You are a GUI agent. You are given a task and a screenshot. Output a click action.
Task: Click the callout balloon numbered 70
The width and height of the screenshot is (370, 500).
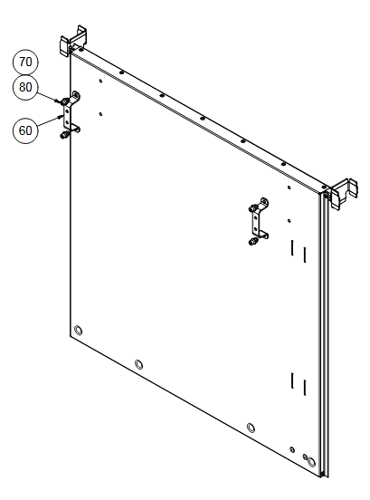coord(25,62)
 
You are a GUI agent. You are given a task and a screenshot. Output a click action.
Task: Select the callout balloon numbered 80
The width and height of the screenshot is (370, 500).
coord(25,87)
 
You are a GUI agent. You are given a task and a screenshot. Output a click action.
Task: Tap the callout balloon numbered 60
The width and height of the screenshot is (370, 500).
coord(25,130)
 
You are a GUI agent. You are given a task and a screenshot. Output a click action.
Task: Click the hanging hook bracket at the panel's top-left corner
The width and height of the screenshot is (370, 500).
coord(73,41)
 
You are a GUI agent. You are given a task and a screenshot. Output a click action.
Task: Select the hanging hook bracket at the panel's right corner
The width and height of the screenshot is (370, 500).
coord(343,193)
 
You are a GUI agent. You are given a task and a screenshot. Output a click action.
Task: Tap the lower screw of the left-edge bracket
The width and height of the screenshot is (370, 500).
coord(63,135)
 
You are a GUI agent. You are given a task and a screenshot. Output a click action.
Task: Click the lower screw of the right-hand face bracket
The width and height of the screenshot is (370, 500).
coord(252,242)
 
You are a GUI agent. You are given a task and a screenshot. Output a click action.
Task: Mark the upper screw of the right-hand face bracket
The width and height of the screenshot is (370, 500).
coord(252,208)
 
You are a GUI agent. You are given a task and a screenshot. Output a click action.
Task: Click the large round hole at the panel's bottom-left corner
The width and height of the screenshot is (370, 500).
coord(78,331)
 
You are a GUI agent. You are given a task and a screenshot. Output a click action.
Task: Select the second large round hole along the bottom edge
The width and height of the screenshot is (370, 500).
coord(138,364)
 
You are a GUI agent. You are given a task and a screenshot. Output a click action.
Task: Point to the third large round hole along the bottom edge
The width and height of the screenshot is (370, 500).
coord(251,428)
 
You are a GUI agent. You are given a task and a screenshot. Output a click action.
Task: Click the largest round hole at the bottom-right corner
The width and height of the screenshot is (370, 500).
coord(312,462)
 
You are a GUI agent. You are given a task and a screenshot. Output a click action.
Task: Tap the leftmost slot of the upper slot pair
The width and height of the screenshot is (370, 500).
coord(291,248)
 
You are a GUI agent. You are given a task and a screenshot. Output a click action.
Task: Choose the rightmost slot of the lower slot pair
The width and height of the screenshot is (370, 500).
coord(305,388)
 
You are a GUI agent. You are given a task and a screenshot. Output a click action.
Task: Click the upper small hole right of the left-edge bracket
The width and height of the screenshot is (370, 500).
coord(100,81)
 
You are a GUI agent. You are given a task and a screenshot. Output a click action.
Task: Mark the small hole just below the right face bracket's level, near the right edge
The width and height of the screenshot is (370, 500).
coord(289,221)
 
